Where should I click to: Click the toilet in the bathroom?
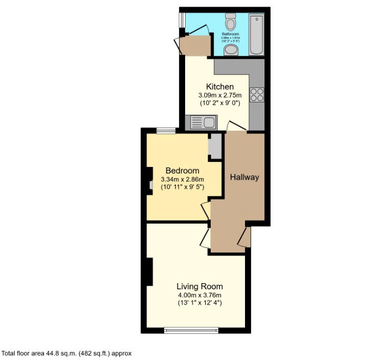231,23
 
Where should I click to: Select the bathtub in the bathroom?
256,34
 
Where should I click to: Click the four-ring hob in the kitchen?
257,95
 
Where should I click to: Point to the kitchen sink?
203,122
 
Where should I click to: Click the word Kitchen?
220,87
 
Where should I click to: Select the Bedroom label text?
182,171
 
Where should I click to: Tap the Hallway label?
244,178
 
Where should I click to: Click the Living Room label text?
199,286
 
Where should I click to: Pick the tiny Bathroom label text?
230,34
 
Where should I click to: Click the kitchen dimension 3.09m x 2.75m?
220,95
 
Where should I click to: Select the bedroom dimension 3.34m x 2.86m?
182,179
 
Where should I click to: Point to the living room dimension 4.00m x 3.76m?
199,295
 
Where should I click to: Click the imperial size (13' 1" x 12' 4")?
199,303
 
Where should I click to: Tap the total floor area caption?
68,353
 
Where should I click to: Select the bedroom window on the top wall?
166,131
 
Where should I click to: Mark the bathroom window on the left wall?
181,19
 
